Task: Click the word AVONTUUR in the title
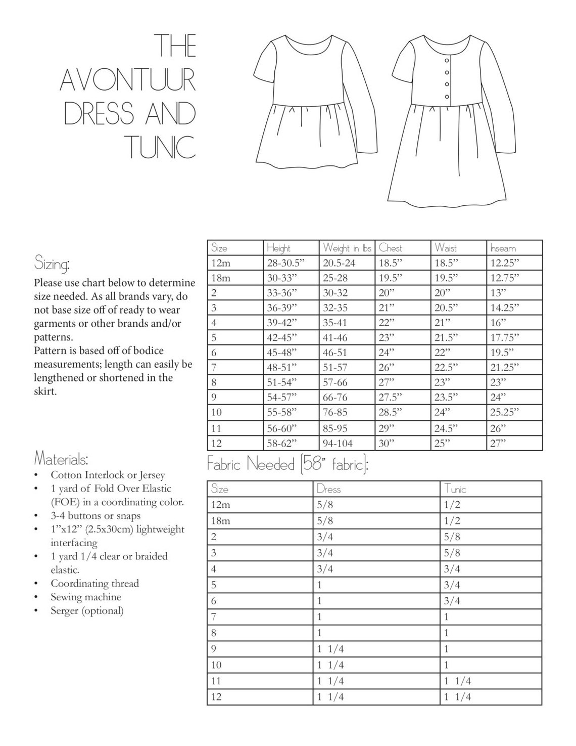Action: point(128,79)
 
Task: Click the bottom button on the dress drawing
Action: point(447,97)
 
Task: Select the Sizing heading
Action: point(52,264)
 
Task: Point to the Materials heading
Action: point(61,459)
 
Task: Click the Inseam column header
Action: point(503,248)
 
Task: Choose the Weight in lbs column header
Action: point(347,248)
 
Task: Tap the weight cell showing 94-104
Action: point(338,444)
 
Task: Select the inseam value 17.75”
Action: point(505,337)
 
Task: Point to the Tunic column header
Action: point(455,489)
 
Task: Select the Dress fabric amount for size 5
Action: point(319,585)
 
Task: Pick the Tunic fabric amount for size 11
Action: point(457,681)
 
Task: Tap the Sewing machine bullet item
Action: point(86,597)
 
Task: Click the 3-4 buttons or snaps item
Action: point(95,516)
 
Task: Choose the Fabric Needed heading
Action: point(287,464)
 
